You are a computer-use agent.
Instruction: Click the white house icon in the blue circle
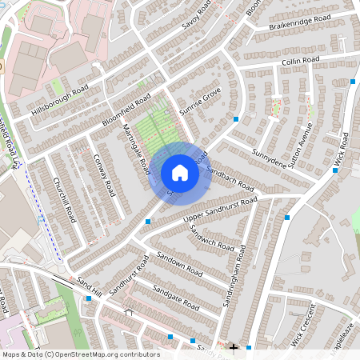(x=179, y=173)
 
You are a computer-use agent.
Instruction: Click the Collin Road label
(x=300, y=61)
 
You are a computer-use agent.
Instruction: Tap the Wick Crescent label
(x=305, y=324)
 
